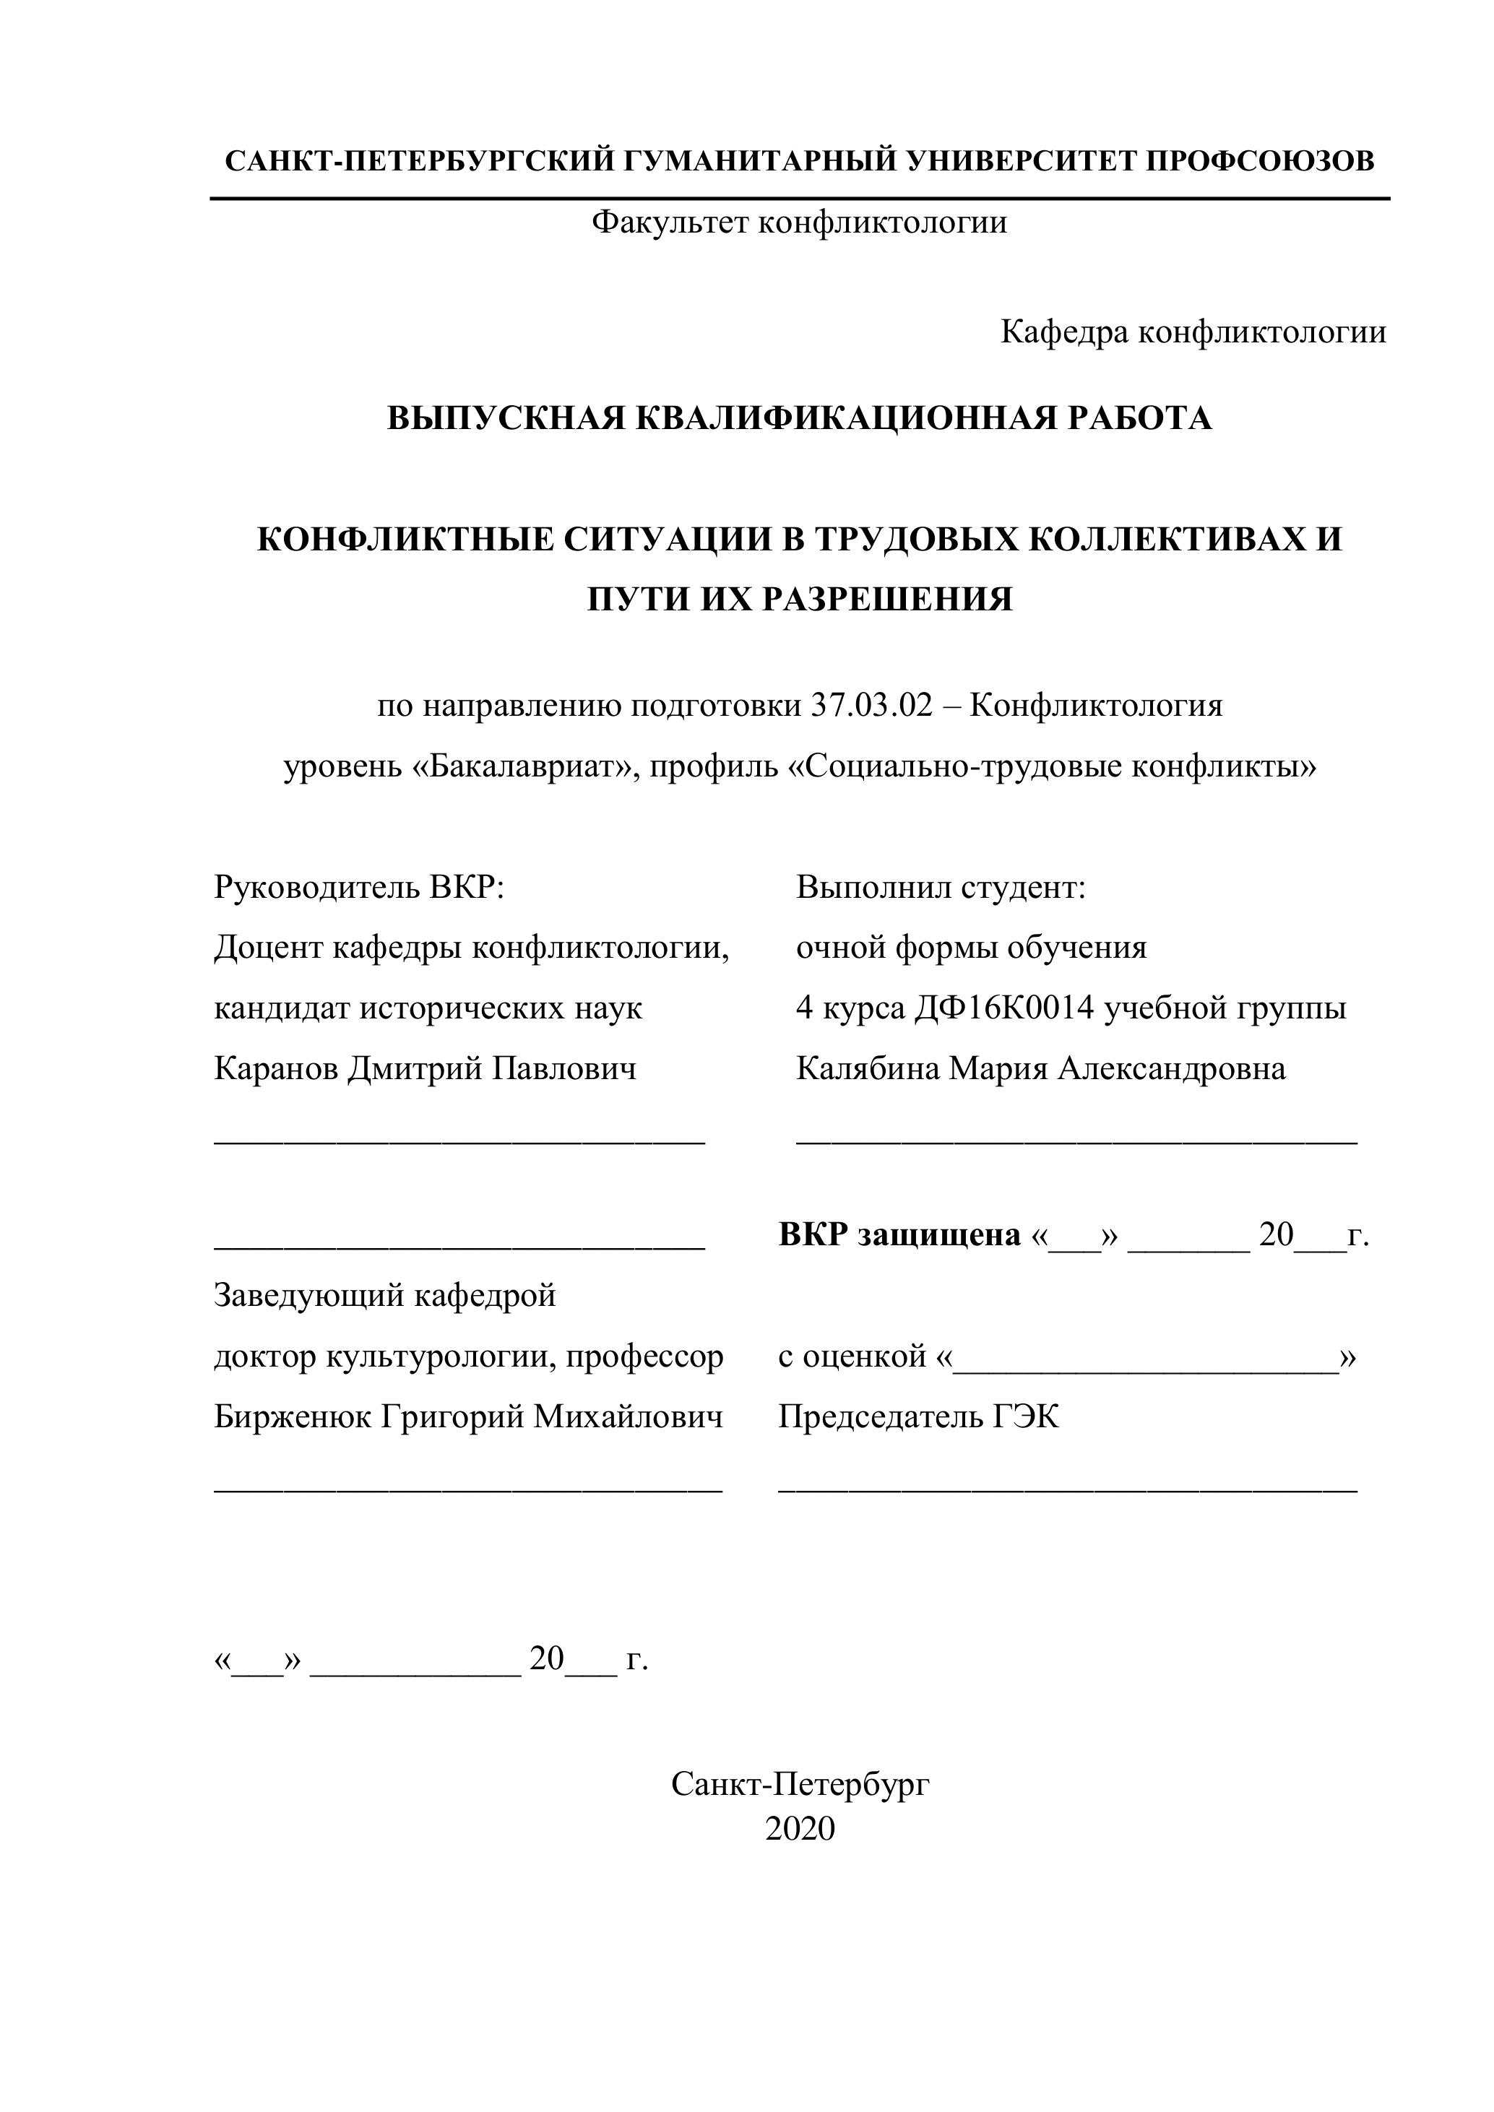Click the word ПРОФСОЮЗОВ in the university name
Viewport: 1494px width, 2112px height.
[1259, 162]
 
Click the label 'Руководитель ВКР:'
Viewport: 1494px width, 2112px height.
[359, 888]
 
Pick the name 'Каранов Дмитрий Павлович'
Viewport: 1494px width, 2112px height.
[425, 1069]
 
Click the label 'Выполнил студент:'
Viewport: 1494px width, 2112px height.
[941, 888]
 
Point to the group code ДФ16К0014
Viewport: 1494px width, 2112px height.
[1005, 1009]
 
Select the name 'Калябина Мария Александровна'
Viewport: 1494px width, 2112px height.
[1040, 1069]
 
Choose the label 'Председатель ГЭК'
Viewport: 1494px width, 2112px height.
[918, 1417]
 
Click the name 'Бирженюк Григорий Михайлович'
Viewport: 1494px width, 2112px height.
[468, 1417]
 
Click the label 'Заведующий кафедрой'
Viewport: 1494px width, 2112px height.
[384, 1296]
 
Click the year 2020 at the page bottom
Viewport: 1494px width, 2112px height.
[800, 1830]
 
